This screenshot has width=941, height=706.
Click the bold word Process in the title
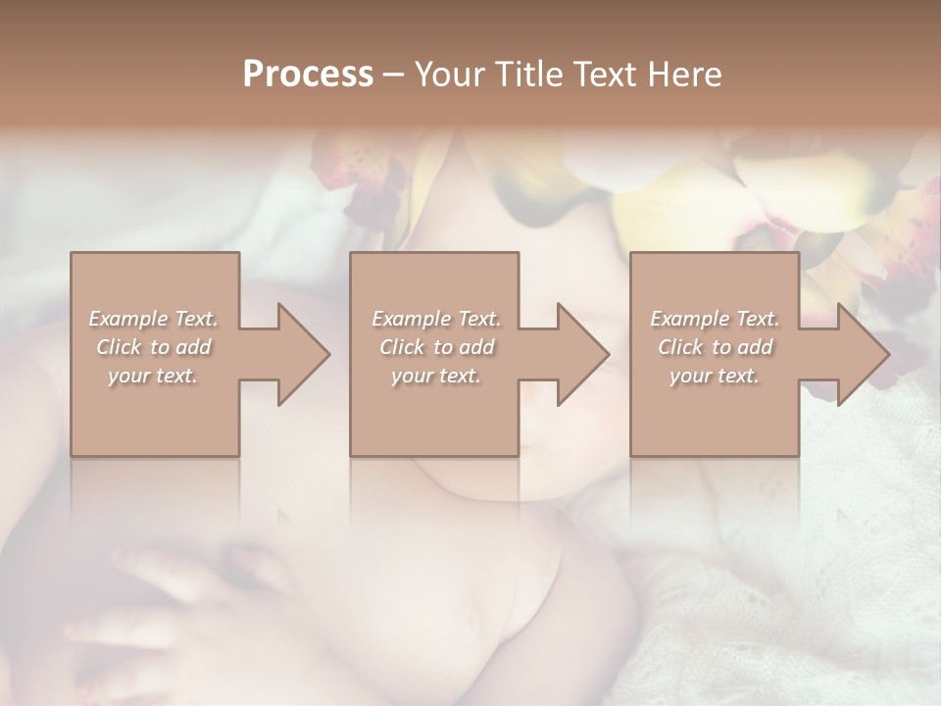(308, 75)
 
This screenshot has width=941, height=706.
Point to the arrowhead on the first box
(300, 354)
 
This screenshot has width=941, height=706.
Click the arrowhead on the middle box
(579, 354)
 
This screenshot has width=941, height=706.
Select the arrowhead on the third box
(860, 354)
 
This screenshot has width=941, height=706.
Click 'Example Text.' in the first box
(153, 319)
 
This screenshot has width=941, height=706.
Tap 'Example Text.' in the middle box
(436, 319)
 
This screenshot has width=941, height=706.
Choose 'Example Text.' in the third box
(715, 319)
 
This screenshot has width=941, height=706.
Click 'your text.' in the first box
(153, 376)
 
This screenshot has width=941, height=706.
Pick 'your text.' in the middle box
(436, 376)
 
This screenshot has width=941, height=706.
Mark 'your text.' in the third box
(715, 376)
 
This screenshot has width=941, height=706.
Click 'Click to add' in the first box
(153, 347)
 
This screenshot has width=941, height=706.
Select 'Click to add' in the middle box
(436, 347)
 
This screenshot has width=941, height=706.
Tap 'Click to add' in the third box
(715, 347)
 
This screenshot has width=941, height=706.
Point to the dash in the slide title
(393, 76)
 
